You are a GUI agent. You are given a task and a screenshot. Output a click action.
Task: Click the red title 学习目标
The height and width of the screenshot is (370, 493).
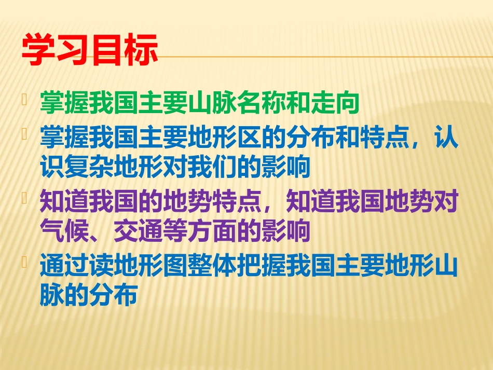(90, 50)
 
